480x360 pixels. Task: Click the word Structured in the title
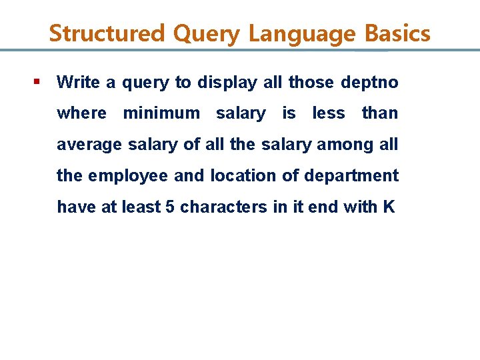[x=106, y=33]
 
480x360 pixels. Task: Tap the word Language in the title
[x=305, y=33]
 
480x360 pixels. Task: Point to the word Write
[x=78, y=82]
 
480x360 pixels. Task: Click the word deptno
[x=369, y=82]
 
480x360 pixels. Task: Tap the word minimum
[x=161, y=113]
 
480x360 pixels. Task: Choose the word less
[x=329, y=113]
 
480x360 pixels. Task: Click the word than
[x=379, y=113]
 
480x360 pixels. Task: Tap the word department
[x=351, y=176]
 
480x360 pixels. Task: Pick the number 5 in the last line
[x=169, y=207]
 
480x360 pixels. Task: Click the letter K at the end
[x=389, y=207]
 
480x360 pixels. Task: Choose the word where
[x=81, y=113]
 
